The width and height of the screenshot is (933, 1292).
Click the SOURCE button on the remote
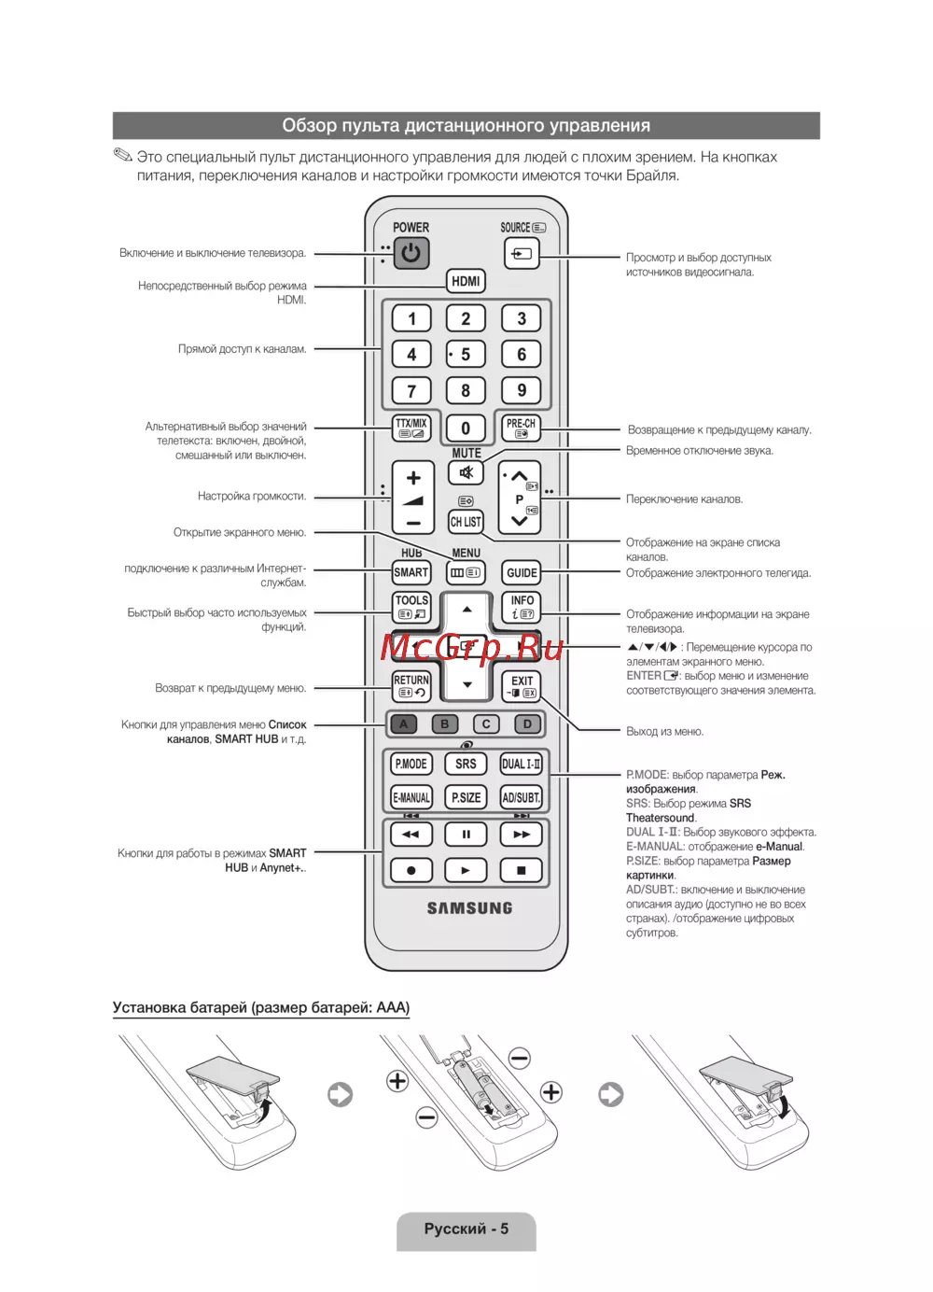click(522, 253)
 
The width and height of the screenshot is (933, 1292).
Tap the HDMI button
click(466, 281)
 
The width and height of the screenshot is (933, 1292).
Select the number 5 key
click(466, 355)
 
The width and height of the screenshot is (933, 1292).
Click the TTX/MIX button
click(411, 428)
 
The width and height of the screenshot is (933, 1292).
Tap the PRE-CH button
click(521, 428)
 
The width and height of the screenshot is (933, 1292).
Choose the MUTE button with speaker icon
click(466, 472)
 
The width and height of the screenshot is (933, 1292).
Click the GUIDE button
click(522, 572)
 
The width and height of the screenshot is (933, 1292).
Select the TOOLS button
click(411, 607)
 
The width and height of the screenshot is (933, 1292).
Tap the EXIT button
click(522, 686)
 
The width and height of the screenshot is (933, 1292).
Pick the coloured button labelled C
click(486, 723)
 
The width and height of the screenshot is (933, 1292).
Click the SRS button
click(466, 764)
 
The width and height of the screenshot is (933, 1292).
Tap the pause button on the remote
click(466, 834)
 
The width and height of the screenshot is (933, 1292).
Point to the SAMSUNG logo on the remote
click(469, 907)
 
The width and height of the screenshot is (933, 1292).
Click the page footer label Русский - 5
click(466, 1229)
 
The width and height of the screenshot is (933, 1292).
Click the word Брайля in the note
click(651, 176)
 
